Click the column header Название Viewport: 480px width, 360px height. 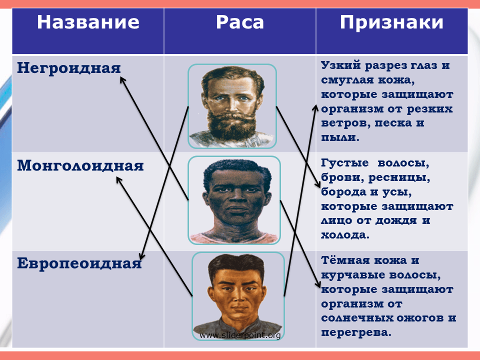(88, 22)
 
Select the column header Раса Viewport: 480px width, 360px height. (240, 22)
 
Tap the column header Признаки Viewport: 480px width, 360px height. (391, 22)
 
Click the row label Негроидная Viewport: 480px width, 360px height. (69, 68)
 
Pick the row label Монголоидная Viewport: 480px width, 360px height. (80, 165)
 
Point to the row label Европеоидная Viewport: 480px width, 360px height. (79, 263)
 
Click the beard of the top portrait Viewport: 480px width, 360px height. (232, 125)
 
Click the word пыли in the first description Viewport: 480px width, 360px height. (340, 137)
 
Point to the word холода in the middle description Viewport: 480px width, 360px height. (345, 235)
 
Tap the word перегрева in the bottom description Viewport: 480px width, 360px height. (356, 332)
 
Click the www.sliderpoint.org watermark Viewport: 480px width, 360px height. (240, 335)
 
